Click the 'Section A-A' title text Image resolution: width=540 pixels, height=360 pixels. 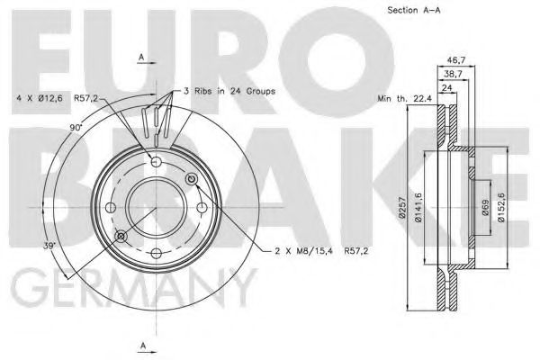coord(414,10)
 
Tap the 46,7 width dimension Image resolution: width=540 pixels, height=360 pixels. coord(456,60)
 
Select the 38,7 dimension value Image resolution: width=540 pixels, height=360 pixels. coord(453,74)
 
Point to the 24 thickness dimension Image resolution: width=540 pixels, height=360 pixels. coord(446,87)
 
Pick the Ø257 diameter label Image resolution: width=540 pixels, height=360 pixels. coord(401,207)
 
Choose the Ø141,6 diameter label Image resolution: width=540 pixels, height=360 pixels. coord(418,207)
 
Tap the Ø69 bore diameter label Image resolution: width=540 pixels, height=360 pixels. coord(486,207)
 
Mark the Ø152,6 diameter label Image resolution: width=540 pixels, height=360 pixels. coord(501,207)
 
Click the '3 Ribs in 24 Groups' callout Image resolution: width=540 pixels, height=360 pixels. coord(229,91)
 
